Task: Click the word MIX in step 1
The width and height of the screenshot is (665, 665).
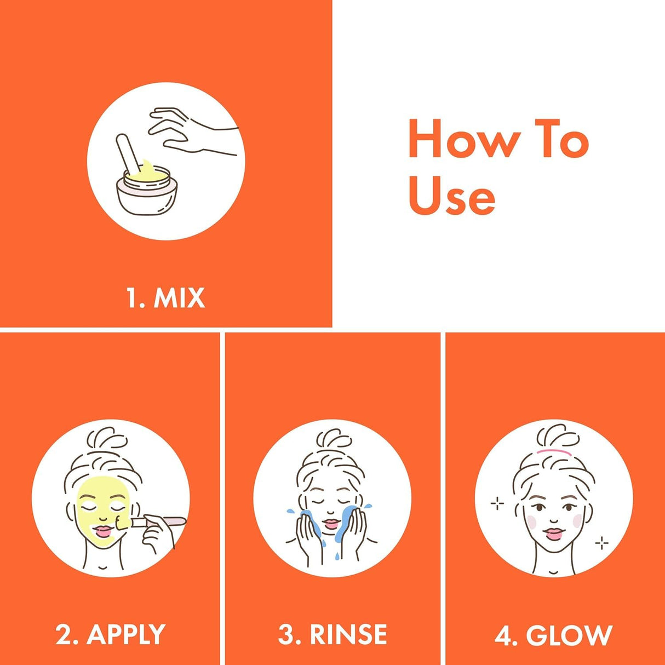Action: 179,298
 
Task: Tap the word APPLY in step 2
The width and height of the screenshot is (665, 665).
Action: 126,634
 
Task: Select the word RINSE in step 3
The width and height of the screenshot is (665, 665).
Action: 348,634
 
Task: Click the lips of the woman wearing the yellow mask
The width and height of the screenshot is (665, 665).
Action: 104,530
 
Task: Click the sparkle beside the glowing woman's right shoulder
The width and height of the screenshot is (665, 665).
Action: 601,543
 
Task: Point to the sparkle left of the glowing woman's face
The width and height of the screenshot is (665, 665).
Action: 497,503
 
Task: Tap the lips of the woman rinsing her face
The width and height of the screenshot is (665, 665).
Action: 331,524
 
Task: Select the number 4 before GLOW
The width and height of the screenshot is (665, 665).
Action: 503,635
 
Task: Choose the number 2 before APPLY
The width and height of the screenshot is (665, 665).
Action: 64,634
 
